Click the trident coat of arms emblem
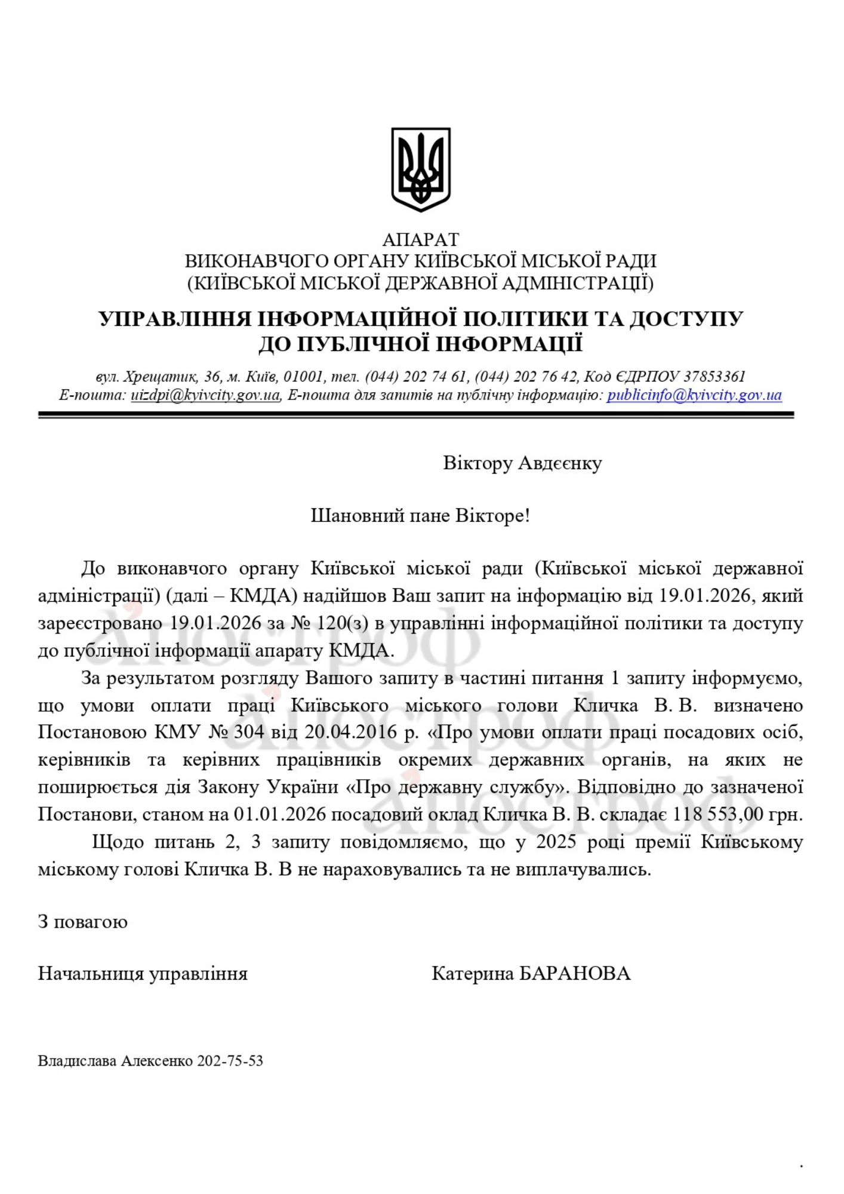click(421, 169)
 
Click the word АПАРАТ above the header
click(421, 240)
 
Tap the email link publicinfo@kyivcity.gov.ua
click(694, 395)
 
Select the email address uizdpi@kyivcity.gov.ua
click(205, 395)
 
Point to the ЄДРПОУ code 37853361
click(714, 377)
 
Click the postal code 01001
click(303, 377)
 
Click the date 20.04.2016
click(350, 733)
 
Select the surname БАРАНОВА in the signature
click(574, 974)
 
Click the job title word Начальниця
click(90, 974)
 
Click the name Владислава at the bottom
click(77, 1061)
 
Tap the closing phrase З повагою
click(82, 922)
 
